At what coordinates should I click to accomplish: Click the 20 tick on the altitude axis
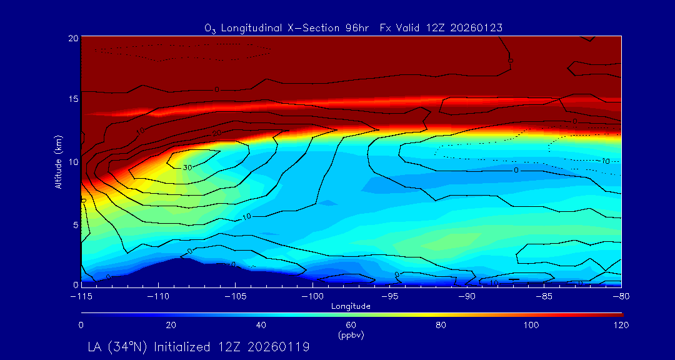(72, 38)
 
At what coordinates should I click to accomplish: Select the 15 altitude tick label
(72, 99)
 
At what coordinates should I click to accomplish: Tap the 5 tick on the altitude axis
(74, 224)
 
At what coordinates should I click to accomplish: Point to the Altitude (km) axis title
(58, 161)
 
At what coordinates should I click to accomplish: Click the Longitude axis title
(351, 306)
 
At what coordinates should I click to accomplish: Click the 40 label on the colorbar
(261, 325)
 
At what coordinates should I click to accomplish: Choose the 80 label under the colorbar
(441, 325)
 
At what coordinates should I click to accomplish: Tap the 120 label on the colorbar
(621, 325)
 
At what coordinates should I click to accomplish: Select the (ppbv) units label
(351, 335)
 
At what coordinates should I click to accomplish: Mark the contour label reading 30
(187, 167)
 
